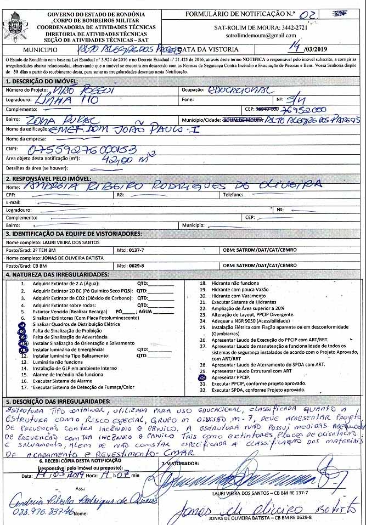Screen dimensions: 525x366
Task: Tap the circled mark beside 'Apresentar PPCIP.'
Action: pos(202,377)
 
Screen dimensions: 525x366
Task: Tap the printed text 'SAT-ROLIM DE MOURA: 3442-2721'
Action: pos(263,26)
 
